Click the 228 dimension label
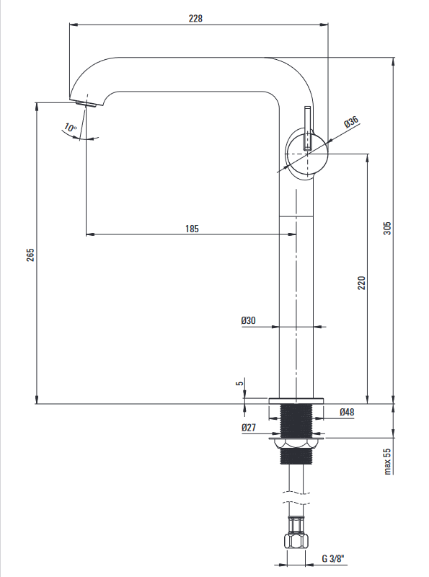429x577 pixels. point(195,18)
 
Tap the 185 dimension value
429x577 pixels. point(192,229)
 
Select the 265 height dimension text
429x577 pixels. point(30,255)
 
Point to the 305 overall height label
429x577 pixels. point(387,229)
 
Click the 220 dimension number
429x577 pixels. point(362,283)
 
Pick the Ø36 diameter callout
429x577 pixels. point(351,121)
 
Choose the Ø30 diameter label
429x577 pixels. point(248,320)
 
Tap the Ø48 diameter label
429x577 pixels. point(347,412)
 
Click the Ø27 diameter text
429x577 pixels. point(249,428)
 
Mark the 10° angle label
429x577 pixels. point(70,128)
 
